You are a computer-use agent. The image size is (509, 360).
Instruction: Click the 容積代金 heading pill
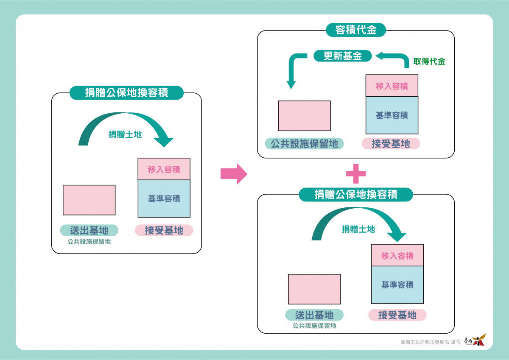[x=356, y=30]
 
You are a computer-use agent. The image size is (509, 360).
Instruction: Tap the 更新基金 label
[x=342, y=56]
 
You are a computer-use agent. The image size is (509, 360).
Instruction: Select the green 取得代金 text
[x=429, y=61]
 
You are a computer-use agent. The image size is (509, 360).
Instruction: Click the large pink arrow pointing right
[x=234, y=174]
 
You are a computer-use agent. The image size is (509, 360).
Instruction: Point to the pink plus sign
[x=356, y=174]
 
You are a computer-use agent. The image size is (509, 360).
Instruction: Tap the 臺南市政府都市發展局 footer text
[x=425, y=342]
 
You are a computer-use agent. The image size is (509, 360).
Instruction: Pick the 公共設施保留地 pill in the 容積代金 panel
[x=304, y=144]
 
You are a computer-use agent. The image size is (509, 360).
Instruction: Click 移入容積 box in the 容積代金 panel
[x=392, y=86]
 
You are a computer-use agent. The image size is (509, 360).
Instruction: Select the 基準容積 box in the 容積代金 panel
[x=392, y=115]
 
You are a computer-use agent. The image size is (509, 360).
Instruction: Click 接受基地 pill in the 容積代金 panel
[x=391, y=144]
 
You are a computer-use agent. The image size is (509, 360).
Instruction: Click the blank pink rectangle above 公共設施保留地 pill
[x=304, y=116]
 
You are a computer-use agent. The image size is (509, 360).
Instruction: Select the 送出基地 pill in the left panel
[x=89, y=230]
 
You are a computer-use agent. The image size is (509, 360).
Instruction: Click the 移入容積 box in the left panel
[x=164, y=169]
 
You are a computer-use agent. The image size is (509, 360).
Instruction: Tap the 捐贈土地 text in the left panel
[x=125, y=134]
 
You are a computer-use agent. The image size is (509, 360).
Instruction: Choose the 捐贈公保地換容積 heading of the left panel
[x=126, y=93]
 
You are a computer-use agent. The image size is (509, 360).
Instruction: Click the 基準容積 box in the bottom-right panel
[x=397, y=285]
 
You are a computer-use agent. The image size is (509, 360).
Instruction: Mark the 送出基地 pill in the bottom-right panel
[x=314, y=315]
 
